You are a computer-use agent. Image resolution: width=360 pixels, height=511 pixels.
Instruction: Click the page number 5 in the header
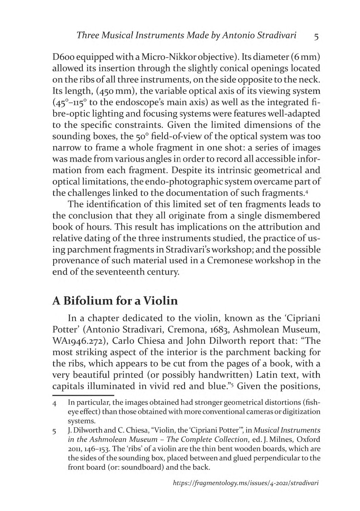pos(316,36)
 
